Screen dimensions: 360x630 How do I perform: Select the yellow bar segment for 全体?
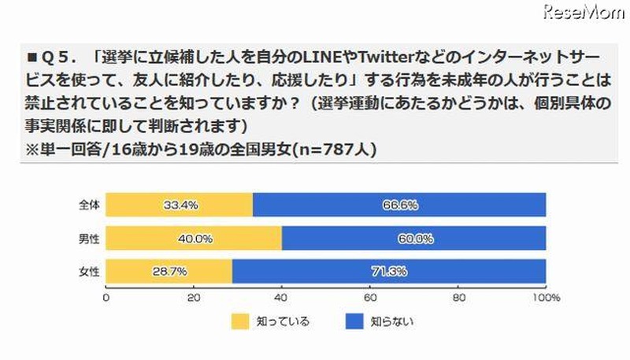[179, 205]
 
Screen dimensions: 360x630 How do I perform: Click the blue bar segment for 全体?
[399, 205]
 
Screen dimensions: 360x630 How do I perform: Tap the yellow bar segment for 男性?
[194, 238]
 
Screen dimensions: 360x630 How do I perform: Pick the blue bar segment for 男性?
[414, 238]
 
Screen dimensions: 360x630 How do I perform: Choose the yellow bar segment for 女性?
[169, 271]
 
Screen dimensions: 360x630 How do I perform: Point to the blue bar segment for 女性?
[389, 271]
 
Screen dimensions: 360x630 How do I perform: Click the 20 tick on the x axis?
[194, 298]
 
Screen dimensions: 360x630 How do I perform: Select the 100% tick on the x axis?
[545, 298]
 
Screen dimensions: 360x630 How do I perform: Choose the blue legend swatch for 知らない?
[354, 322]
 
